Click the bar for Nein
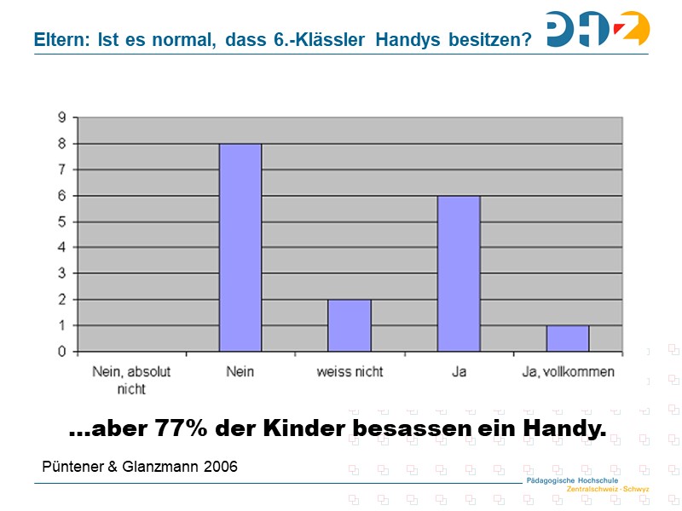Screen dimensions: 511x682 [x=240, y=247]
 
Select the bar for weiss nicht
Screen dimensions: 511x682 [x=350, y=325]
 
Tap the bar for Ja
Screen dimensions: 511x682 [x=459, y=273]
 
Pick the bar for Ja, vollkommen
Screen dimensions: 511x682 [x=568, y=338]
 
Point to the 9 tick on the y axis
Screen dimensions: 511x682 [x=61, y=118]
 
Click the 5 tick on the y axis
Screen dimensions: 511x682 [x=61, y=221]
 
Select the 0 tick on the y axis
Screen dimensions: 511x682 [x=61, y=351]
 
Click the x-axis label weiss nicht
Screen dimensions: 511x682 [x=350, y=372]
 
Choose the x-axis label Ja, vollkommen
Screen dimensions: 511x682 [x=568, y=372]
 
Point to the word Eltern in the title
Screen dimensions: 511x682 [x=59, y=39]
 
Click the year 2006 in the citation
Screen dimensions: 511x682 [x=220, y=467]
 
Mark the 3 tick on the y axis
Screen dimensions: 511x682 [x=61, y=273]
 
